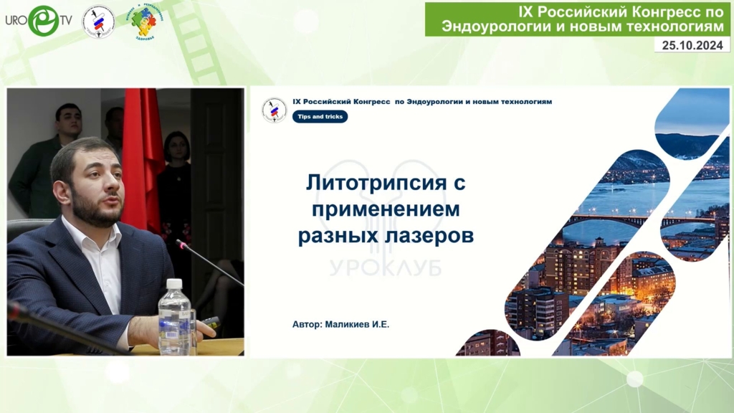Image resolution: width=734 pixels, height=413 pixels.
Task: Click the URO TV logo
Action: (39, 21)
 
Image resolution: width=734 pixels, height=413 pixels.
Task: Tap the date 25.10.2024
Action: (692, 45)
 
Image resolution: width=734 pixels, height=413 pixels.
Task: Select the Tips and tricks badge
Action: (320, 117)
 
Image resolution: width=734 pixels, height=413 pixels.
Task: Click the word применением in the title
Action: (386, 209)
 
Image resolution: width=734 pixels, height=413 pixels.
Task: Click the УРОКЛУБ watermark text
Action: (386, 268)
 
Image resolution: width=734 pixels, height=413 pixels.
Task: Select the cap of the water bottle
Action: (174, 283)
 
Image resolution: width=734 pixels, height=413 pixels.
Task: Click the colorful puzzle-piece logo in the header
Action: (145, 22)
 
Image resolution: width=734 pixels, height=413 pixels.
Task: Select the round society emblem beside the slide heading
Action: (274, 110)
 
